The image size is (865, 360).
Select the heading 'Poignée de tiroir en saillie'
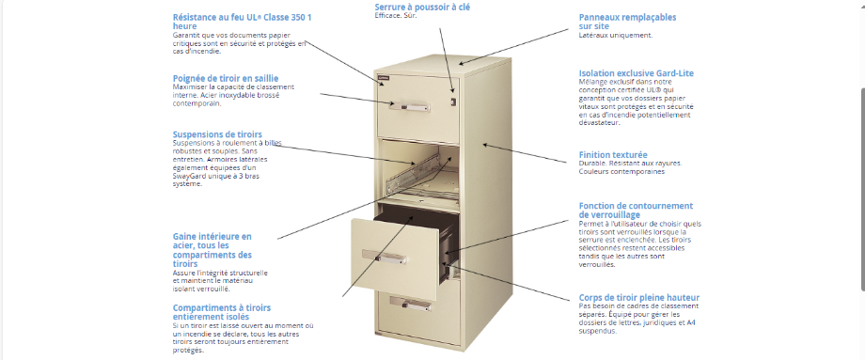point(225,78)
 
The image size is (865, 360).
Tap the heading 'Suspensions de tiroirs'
point(217,134)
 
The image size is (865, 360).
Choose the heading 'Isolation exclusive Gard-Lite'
point(636,72)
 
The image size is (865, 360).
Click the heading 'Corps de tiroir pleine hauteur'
point(638,297)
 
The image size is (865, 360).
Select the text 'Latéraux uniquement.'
point(615,36)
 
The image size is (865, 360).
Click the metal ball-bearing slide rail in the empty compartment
point(417,172)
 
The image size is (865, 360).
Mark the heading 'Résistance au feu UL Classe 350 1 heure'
point(229,22)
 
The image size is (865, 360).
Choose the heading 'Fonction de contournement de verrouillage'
point(636,210)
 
